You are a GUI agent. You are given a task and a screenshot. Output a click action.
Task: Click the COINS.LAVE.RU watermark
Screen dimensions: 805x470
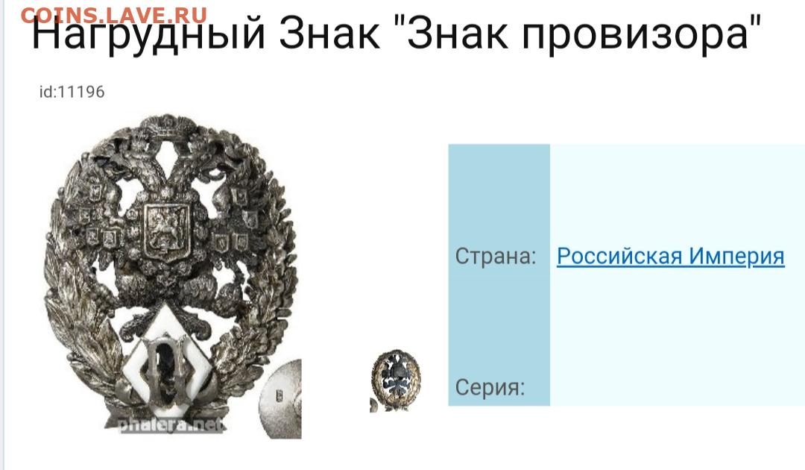(x=114, y=16)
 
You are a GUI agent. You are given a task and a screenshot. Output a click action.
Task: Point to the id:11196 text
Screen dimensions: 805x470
(x=72, y=92)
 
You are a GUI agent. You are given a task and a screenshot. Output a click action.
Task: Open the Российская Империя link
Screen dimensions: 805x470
(x=671, y=255)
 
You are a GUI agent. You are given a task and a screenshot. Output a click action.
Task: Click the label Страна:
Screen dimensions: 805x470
(x=496, y=255)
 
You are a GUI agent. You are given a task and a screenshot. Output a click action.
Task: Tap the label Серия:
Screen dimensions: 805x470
(x=490, y=386)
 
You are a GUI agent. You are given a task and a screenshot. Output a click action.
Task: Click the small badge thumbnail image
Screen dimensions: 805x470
(x=395, y=380)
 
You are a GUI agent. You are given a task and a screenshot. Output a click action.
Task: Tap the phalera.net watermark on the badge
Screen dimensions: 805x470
(x=171, y=424)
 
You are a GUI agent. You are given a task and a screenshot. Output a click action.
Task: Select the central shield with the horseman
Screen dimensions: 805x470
(x=166, y=230)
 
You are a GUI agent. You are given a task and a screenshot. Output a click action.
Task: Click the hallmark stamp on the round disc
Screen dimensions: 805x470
(x=280, y=395)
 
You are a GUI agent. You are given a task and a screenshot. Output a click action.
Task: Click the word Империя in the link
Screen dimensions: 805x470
(x=736, y=255)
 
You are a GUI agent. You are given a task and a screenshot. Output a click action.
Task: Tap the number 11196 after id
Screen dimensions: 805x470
(x=81, y=92)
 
